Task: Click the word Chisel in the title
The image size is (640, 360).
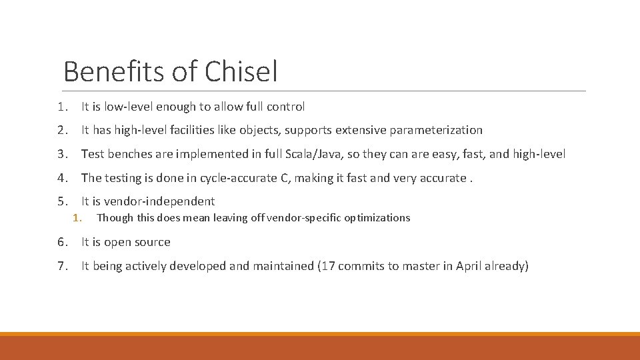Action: (x=241, y=71)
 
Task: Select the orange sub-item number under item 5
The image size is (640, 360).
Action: (x=77, y=217)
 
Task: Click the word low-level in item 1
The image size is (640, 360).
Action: (x=129, y=106)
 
